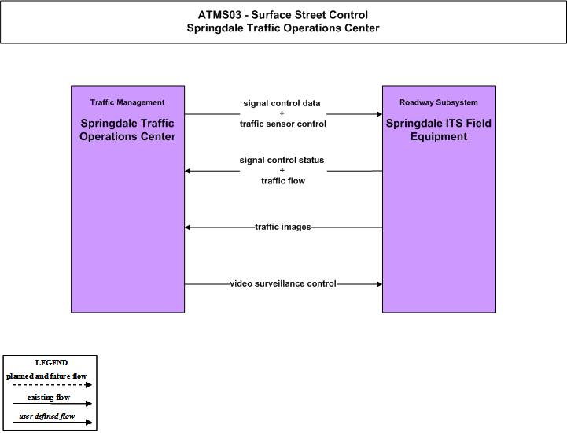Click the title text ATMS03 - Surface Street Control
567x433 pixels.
(x=283, y=15)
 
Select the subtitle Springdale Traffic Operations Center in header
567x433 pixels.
(x=283, y=28)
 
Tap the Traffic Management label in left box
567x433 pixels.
(x=127, y=102)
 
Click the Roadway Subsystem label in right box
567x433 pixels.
(x=439, y=102)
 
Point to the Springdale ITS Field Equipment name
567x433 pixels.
(x=439, y=130)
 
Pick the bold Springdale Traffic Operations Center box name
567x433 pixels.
(x=127, y=130)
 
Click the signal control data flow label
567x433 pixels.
(x=282, y=104)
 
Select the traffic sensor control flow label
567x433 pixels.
(x=283, y=124)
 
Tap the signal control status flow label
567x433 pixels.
(x=282, y=160)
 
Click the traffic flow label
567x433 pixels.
(x=283, y=180)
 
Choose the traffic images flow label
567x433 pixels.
(x=283, y=227)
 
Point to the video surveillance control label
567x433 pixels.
(x=283, y=283)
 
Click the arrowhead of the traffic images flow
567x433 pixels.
(x=187, y=228)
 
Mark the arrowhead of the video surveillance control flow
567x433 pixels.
(x=380, y=284)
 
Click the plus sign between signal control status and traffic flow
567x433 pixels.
(x=282, y=170)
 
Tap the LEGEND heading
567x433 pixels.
(x=51, y=363)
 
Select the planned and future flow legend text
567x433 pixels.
(x=46, y=376)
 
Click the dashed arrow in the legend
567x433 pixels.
(x=52, y=385)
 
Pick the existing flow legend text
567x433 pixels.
(x=49, y=398)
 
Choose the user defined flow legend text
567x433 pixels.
(x=47, y=416)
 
